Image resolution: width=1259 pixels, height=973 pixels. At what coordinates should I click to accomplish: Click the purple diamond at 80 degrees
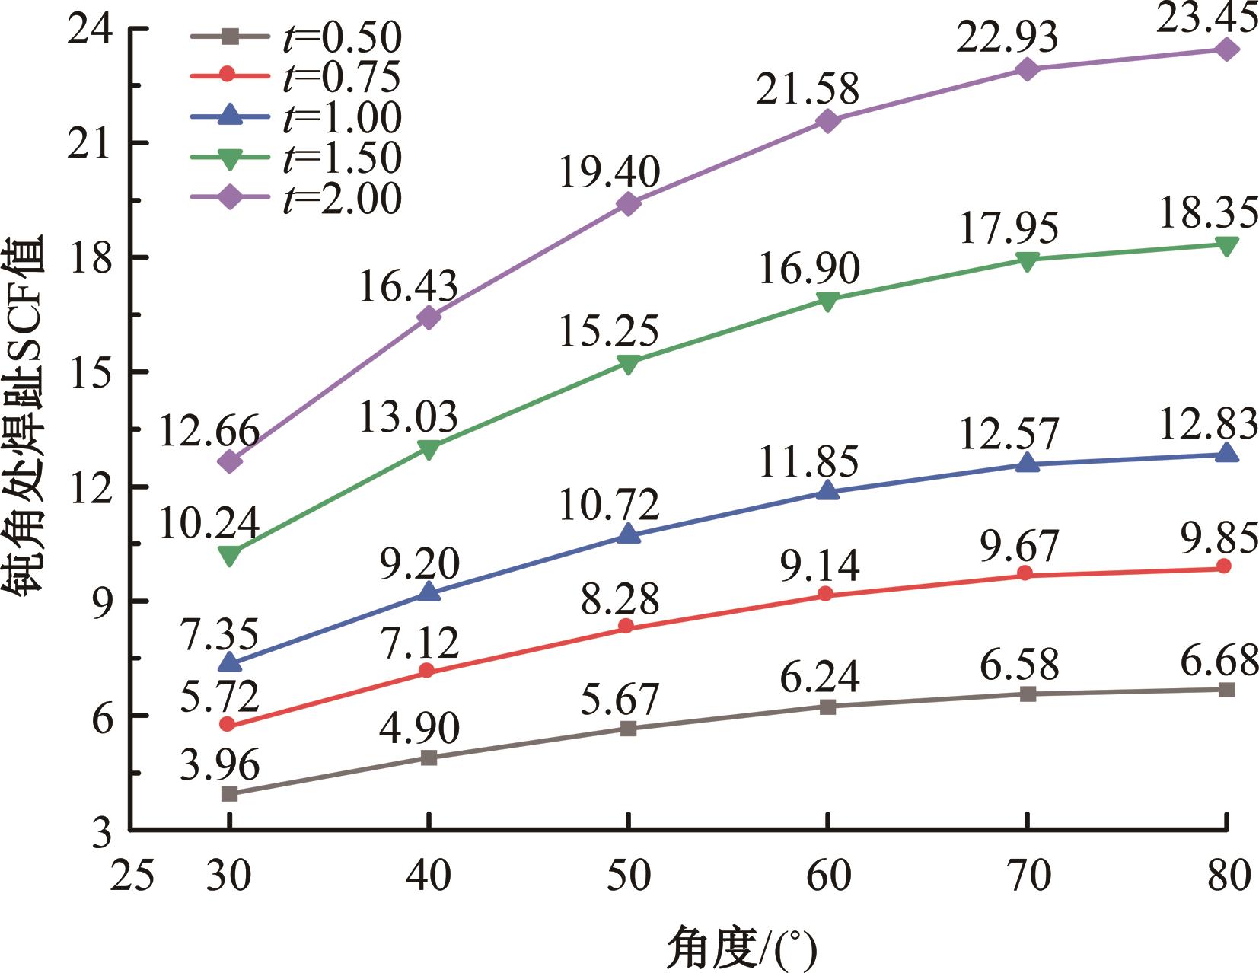(1226, 49)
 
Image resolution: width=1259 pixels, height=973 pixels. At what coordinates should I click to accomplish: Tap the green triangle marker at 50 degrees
(628, 364)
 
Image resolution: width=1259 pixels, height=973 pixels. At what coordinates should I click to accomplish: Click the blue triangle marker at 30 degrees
(229, 663)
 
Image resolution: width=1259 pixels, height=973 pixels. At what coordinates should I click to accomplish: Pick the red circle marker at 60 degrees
(827, 594)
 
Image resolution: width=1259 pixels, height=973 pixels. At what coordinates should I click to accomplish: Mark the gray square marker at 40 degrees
(429, 758)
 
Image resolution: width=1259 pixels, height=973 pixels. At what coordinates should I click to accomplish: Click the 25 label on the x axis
(132, 876)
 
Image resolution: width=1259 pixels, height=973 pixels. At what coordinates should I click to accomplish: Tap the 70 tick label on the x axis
(1027, 876)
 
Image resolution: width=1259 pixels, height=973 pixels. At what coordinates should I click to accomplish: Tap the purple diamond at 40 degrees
(429, 317)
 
